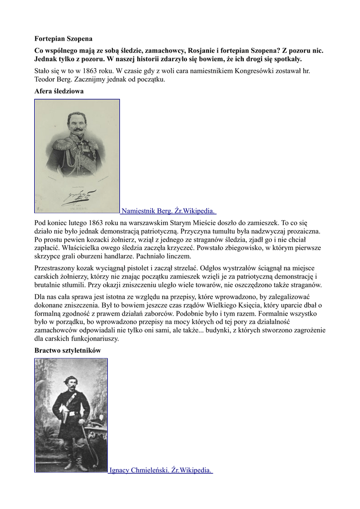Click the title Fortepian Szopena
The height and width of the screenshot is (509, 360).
(x=63, y=38)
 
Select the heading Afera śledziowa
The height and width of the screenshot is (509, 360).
(x=59, y=91)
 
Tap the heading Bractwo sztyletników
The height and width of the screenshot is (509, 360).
(x=68, y=350)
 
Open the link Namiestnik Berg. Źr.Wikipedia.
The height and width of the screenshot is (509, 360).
(x=169, y=211)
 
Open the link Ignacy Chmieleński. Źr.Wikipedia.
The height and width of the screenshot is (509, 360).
(x=161, y=470)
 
